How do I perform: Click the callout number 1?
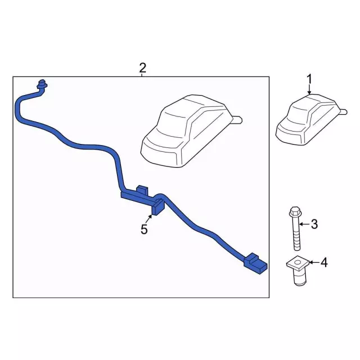point(309,79)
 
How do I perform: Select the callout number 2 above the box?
point(142,68)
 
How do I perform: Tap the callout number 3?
point(314,224)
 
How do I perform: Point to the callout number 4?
point(324,262)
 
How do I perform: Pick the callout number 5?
point(144,229)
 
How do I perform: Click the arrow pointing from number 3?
point(304,224)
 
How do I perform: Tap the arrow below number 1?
point(309,89)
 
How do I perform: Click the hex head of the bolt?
point(295,211)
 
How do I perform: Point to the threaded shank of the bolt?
point(297,233)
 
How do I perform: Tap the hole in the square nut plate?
point(298,262)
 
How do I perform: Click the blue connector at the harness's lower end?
point(255,264)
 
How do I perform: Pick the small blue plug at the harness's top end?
point(42,84)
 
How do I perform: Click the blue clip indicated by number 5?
point(158,208)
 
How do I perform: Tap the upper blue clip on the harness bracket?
point(142,189)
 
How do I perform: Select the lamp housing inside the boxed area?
point(188,131)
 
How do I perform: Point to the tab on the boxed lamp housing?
point(237,120)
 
